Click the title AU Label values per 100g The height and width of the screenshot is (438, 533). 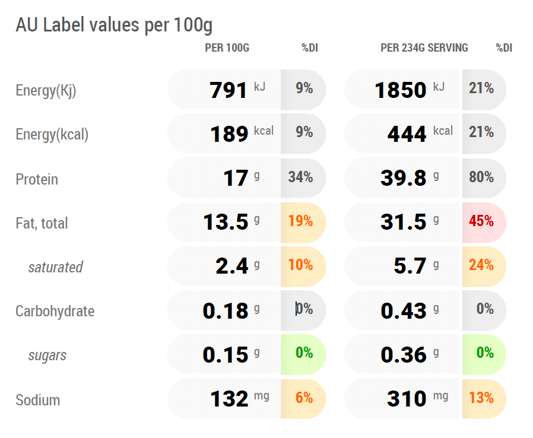click(x=114, y=26)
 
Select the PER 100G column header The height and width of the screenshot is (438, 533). click(x=227, y=48)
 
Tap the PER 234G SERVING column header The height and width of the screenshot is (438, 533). click(x=424, y=48)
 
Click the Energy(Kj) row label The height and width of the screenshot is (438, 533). click(x=46, y=91)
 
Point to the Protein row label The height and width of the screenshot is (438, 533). click(x=37, y=179)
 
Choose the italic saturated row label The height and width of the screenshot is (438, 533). click(x=55, y=267)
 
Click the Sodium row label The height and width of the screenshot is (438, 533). click(x=38, y=400)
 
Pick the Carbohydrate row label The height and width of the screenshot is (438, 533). click(x=55, y=311)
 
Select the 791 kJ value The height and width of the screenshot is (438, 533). click(x=237, y=90)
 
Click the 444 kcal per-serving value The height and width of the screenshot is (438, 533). click(x=420, y=134)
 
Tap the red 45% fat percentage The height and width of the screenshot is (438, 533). click(x=481, y=221)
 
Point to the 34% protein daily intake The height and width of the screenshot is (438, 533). click(x=300, y=177)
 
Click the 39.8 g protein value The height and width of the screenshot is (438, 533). click(x=410, y=177)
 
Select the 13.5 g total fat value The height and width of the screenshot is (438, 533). click(x=231, y=222)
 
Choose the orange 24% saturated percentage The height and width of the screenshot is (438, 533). click(x=481, y=265)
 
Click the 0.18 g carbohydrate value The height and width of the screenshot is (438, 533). click(x=231, y=310)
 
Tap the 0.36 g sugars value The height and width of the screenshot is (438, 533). click(x=410, y=355)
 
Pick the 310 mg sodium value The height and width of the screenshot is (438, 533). click(x=418, y=398)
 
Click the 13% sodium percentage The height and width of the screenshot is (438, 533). click(x=481, y=398)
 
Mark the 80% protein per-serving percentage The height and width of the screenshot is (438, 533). click(x=481, y=177)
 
